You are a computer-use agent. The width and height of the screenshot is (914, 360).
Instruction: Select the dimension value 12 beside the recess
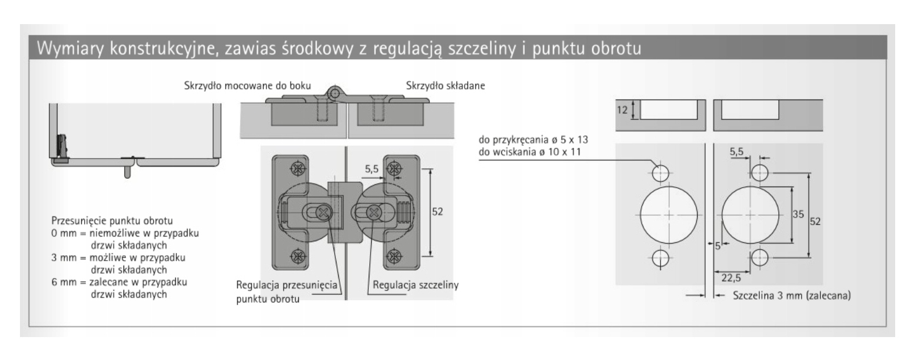click(x=623, y=109)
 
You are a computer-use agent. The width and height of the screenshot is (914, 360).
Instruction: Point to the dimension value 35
click(x=798, y=215)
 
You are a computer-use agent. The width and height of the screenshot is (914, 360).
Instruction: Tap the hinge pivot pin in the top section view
click(x=336, y=94)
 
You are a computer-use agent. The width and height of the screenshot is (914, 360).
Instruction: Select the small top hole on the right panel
click(x=760, y=172)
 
